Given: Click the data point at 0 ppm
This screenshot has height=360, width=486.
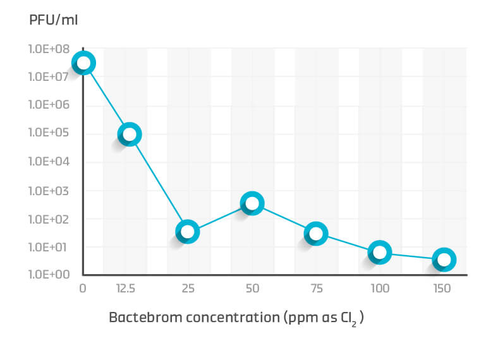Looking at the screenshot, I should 83,63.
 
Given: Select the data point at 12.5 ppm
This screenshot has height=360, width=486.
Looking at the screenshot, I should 130,134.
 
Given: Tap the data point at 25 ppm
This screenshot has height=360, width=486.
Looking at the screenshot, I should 187,232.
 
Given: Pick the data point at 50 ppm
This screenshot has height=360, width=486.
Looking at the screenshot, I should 252,203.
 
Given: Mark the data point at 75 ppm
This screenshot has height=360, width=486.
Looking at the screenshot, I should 316,234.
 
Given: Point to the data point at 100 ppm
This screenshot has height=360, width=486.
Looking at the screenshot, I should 380,253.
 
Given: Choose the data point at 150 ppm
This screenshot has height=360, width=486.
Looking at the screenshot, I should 444,260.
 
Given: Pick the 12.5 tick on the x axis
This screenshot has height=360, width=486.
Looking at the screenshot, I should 126,289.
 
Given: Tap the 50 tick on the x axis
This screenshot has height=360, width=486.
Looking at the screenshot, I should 252,289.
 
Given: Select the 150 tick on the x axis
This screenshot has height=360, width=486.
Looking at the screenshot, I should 442,289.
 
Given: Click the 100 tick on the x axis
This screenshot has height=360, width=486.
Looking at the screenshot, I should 379,289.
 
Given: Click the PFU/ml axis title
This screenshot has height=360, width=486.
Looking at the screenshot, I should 53,20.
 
